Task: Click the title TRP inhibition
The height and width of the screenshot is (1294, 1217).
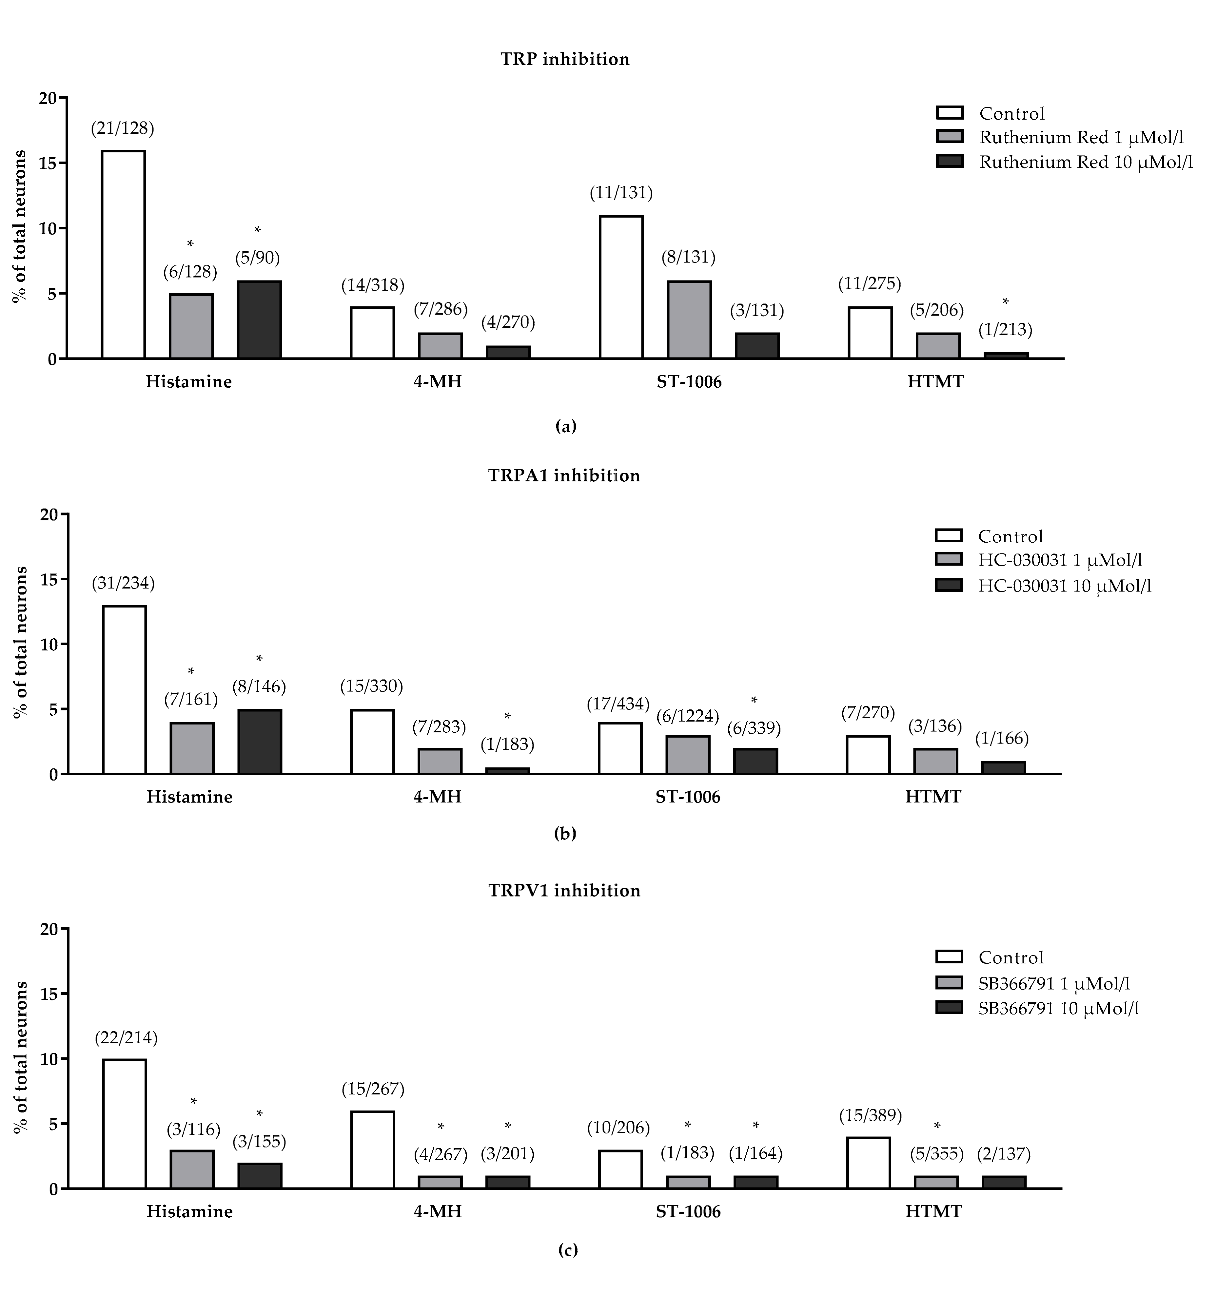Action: (564, 59)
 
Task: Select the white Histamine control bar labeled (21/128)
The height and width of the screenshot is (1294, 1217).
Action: (123, 255)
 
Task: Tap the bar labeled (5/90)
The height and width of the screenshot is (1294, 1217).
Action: (259, 319)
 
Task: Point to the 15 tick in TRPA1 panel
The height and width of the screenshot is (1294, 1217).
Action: (49, 579)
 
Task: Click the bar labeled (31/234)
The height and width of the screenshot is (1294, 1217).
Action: (124, 690)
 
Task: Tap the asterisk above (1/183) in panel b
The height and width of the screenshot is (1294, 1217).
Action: (507, 717)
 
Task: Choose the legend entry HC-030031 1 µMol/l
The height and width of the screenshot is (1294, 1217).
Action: (1060, 560)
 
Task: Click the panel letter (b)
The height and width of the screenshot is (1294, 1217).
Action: (564, 833)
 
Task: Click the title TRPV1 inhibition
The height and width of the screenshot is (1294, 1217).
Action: (564, 890)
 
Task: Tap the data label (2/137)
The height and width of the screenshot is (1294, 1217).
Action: (1003, 1154)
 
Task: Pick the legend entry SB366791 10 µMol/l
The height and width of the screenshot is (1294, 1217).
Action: (1058, 1008)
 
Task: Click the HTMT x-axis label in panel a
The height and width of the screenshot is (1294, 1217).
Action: (935, 381)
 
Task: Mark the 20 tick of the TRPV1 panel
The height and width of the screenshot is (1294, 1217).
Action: (49, 929)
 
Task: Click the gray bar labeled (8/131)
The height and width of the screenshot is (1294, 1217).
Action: (689, 319)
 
